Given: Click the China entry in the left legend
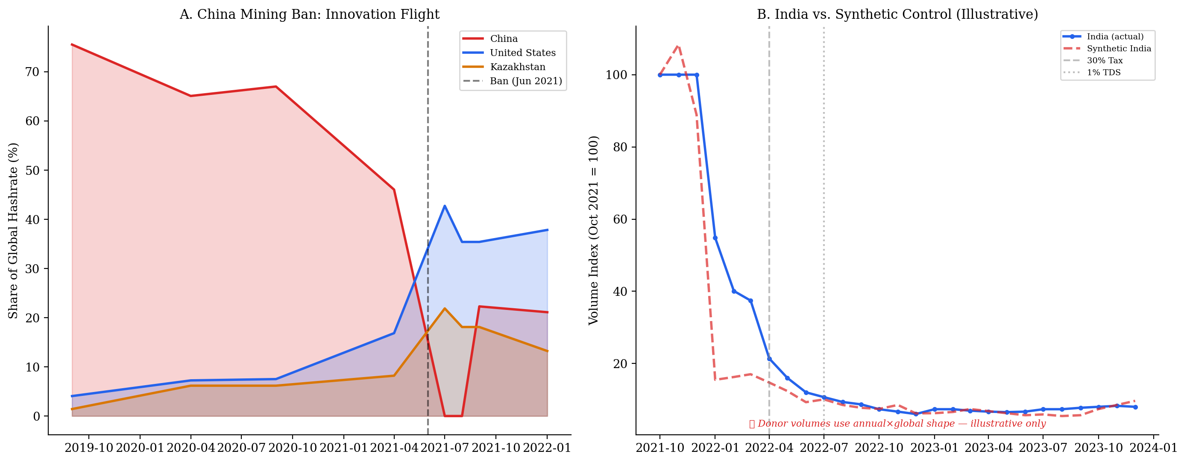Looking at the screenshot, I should click(x=504, y=39).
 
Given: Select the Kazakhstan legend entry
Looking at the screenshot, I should click(x=517, y=67).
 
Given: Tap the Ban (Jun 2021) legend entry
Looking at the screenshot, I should click(x=526, y=81).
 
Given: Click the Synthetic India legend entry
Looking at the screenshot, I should click(x=1118, y=48).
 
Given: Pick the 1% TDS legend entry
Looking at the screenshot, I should click(x=1104, y=72).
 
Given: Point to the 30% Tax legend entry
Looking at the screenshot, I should click(x=1105, y=60).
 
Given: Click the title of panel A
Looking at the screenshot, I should click(x=309, y=14).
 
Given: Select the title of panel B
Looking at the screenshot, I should click(x=897, y=14).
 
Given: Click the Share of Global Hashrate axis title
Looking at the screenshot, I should click(x=13, y=230).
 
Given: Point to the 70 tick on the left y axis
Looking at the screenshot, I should click(x=32, y=72).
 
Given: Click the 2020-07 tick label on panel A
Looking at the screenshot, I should click(x=241, y=448).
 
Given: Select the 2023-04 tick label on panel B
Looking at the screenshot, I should click(x=988, y=448).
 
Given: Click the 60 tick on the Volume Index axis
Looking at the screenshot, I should click(x=620, y=219).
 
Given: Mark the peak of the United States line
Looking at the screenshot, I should click(x=444, y=206).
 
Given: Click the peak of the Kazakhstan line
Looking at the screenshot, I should click(x=444, y=309).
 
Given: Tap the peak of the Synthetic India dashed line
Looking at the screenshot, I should click(x=678, y=46).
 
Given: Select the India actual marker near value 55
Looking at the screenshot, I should click(x=715, y=238).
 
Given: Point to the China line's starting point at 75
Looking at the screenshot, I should click(x=72, y=44).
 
